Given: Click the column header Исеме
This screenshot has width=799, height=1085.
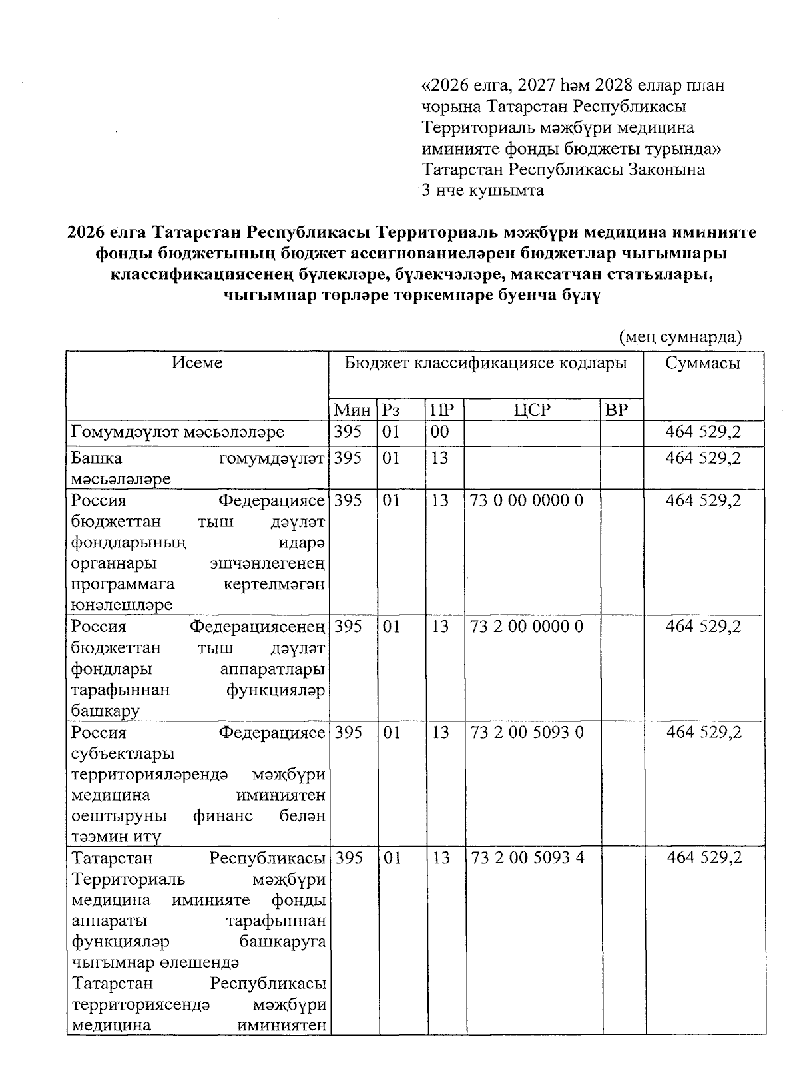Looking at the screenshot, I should (x=197, y=363).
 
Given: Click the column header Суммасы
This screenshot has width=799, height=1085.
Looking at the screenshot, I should (x=702, y=363).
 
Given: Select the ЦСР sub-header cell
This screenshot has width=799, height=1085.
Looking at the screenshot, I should (x=532, y=410).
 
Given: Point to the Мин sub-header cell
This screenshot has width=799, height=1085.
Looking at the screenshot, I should (x=352, y=410).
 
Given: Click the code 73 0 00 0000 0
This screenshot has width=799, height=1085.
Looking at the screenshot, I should (x=527, y=500).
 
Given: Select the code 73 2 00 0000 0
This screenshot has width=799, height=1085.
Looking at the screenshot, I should (x=527, y=626).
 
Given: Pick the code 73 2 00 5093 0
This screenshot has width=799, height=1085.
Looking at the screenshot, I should (x=527, y=732).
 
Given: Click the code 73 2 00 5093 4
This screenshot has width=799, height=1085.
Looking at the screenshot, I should (x=527, y=857).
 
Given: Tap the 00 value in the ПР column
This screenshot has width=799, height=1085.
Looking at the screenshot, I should (x=439, y=432).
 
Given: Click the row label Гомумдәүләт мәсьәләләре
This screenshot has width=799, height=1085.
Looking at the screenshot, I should (x=178, y=432).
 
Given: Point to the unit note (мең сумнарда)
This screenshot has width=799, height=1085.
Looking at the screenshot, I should (x=680, y=337).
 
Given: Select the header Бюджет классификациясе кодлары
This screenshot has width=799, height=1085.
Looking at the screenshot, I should (x=485, y=363).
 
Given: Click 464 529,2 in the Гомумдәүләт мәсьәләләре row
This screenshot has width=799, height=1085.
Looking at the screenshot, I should (x=703, y=432).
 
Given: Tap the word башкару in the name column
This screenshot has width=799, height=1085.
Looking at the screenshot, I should (x=105, y=711).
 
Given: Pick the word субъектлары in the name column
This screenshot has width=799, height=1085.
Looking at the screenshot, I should (x=123, y=753).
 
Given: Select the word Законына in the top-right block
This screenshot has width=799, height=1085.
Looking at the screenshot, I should (x=667, y=169).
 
